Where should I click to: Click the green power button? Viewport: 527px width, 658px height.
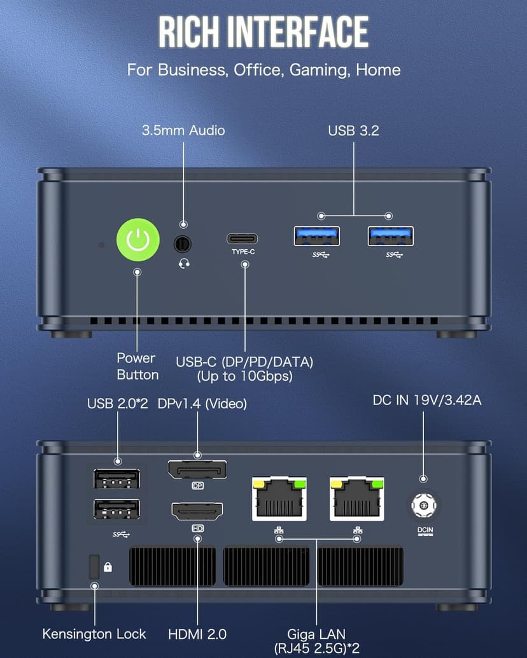(x=137, y=240)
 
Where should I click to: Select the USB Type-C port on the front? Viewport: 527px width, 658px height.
(x=242, y=239)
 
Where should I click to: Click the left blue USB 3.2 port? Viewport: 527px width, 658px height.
(x=316, y=236)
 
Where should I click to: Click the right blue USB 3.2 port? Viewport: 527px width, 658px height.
(x=390, y=236)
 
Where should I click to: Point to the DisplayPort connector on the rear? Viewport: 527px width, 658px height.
(x=197, y=470)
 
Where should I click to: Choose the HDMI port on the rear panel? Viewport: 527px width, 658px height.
(x=197, y=511)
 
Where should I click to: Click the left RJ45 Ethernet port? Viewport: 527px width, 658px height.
(x=279, y=497)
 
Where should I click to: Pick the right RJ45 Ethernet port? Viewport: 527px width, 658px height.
(x=356, y=497)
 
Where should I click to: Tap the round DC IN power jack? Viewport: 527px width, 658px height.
(x=423, y=505)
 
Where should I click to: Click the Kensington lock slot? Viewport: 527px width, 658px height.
(x=94, y=565)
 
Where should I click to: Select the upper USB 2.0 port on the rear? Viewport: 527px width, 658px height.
(x=117, y=477)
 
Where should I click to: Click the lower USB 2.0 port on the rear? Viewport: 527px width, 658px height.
(x=117, y=510)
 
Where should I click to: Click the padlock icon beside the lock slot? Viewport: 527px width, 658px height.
(x=108, y=566)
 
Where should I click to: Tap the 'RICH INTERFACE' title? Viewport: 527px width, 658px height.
(x=263, y=32)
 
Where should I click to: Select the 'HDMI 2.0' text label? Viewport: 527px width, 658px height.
(x=197, y=634)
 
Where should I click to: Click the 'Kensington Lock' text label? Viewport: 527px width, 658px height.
(x=94, y=634)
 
